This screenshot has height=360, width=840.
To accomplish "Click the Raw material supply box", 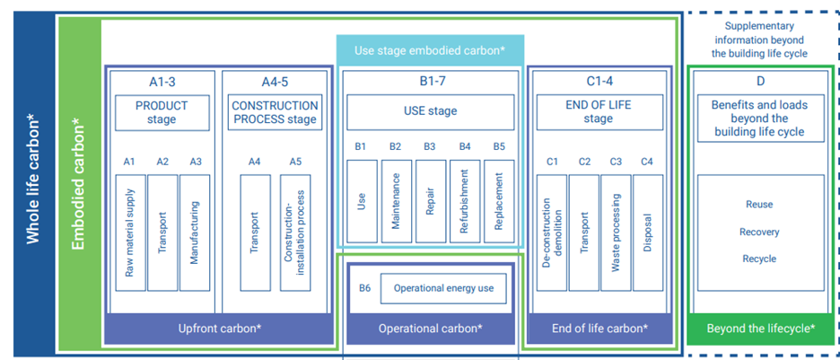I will [x=129, y=233].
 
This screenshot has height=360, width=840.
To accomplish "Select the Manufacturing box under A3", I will [x=195, y=233].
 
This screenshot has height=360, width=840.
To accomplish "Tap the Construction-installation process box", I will [x=297, y=233].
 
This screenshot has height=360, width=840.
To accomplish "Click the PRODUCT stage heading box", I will [x=162, y=112].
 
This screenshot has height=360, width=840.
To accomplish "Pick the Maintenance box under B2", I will [x=396, y=201].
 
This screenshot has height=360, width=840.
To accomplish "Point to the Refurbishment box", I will [x=464, y=201].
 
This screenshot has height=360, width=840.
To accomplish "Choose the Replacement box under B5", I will [x=499, y=201].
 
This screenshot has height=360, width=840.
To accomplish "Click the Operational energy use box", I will [x=443, y=288].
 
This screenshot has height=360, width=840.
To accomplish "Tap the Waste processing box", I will [x=616, y=233].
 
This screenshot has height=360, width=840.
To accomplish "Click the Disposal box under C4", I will [x=648, y=233].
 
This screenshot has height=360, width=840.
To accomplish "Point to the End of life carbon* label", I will [x=599, y=329].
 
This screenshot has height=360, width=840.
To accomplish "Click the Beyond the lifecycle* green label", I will [x=760, y=329].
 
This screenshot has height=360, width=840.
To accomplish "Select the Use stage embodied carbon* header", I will [x=430, y=50].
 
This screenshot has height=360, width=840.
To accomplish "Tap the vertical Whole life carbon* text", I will [x=33, y=180].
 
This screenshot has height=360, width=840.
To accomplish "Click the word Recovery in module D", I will [x=759, y=232].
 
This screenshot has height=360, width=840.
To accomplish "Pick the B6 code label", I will [x=364, y=288].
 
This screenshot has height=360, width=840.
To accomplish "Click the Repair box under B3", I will [x=430, y=201].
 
